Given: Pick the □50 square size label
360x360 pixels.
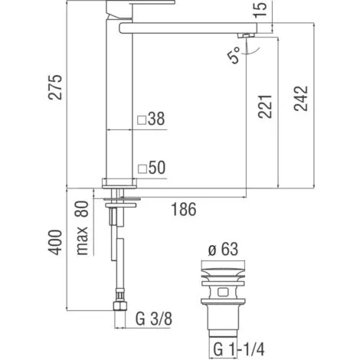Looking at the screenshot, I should (x=152, y=167).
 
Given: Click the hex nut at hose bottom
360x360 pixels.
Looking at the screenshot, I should (x=118, y=304).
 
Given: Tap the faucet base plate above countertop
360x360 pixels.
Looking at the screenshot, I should (x=119, y=182).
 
